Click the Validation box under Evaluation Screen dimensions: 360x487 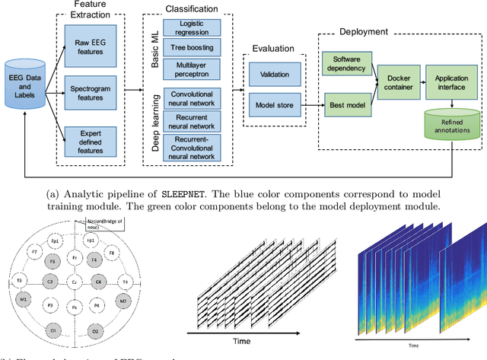pos(272,75)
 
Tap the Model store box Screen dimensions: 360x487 pos(272,105)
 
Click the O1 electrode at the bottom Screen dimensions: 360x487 pos(53,332)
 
